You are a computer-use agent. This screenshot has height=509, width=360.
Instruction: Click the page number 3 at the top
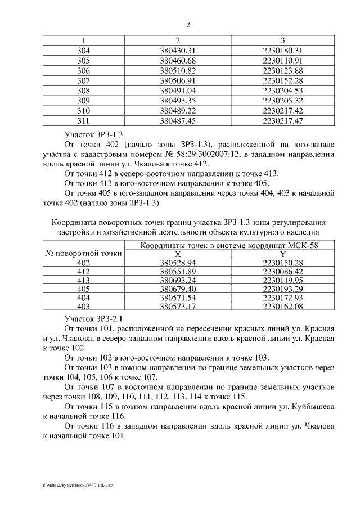[x=189, y=25]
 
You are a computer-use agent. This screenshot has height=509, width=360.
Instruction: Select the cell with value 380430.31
[x=177, y=51]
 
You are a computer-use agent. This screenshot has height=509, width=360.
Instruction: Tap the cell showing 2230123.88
[x=283, y=70]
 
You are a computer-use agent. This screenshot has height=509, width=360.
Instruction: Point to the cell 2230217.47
[x=283, y=120]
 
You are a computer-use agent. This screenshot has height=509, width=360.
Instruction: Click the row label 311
[x=83, y=120]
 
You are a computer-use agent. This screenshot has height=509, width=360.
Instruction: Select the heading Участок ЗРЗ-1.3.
[x=95, y=134]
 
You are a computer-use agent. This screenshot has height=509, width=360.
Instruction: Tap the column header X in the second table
[x=178, y=254]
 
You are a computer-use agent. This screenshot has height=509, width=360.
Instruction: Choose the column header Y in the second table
[x=283, y=254]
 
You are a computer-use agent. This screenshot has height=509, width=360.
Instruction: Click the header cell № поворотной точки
[x=83, y=253]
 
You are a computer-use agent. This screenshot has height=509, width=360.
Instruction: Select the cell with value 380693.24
[x=177, y=280]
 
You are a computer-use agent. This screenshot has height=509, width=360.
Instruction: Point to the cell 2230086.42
[x=283, y=271]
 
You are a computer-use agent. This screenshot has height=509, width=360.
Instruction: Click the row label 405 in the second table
[x=83, y=289]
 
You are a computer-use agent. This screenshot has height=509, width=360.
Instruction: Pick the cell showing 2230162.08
[x=283, y=306]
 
